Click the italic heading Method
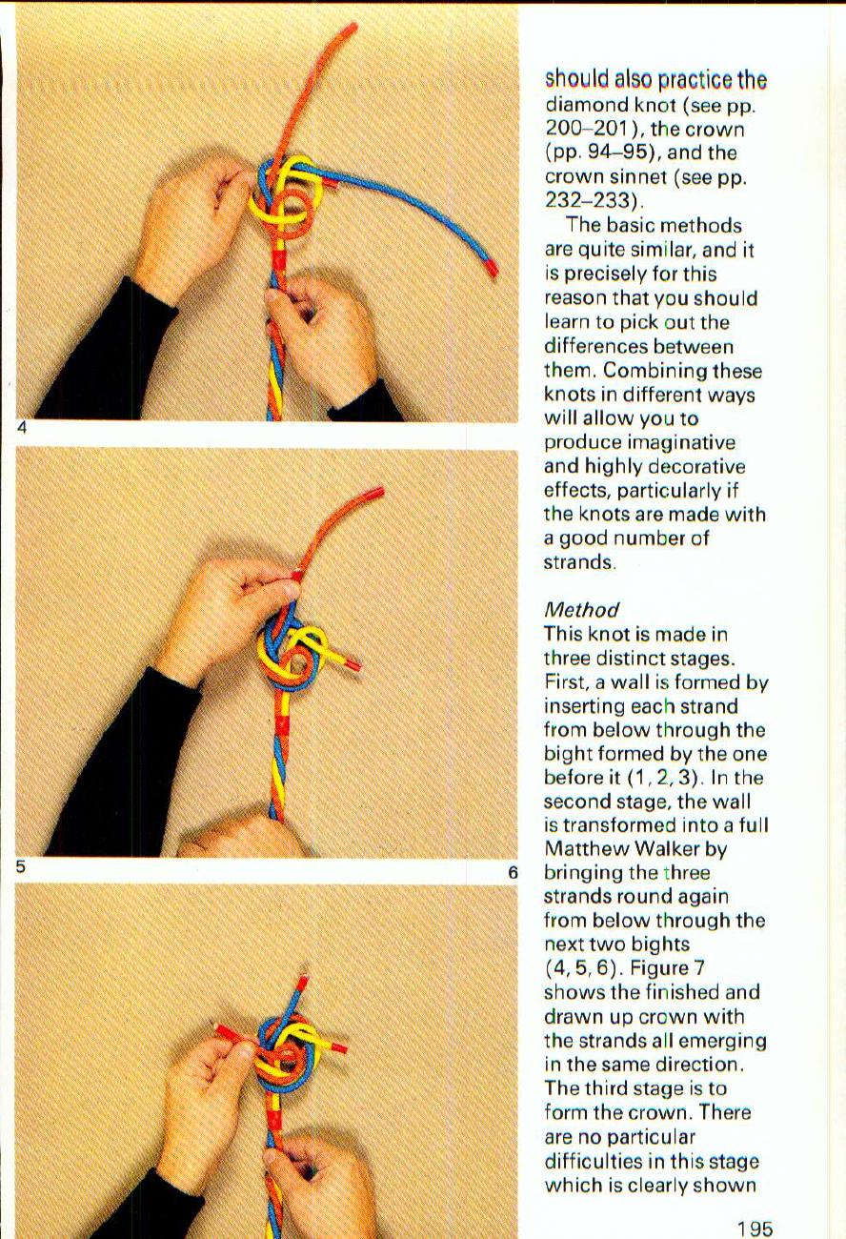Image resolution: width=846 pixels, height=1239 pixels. (581, 609)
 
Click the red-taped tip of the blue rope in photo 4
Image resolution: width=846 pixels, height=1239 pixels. (492, 267)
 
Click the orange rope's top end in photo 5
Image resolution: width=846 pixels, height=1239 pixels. (376, 493)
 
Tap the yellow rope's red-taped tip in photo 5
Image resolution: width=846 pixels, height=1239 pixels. (351, 662)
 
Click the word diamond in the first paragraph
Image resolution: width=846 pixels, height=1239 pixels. (583, 105)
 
